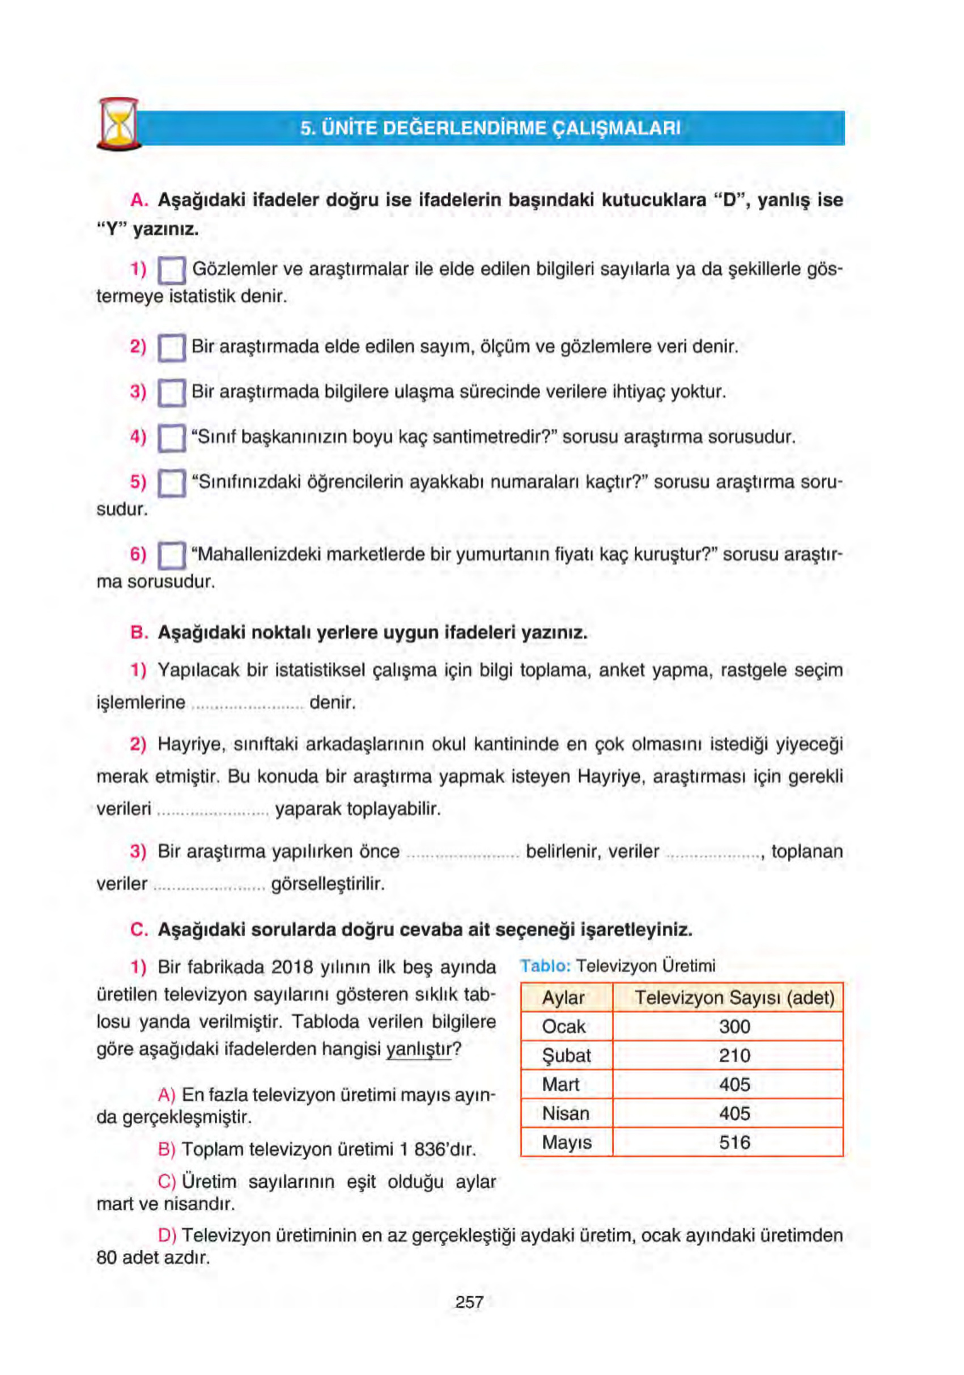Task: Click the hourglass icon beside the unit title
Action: pyautogui.click(x=118, y=125)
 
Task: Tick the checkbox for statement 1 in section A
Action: pyautogui.click(x=172, y=271)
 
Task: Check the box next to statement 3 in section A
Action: pyautogui.click(x=172, y=394)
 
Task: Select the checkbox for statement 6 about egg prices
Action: pyautogui.click(x=172, y=555)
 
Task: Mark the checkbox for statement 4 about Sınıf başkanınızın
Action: pyautogui.click(x=172, y=438)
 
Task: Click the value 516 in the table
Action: pyautogui.click(x=734, y=1142)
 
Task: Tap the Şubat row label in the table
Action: pyautogui.click(x=566, y=1056)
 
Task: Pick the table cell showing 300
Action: pyautogui.click(x=734, y=1027)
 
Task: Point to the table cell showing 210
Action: pyautogui.click(x=734, y=1056)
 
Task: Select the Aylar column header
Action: pyautogui.click(x=563, y=998)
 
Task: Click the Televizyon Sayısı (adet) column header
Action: pyautogui.click(x=734, y=998)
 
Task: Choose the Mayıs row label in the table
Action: pyautogui.click(x=566, y=1142)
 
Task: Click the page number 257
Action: pyautogui.click(x=469, y=1302)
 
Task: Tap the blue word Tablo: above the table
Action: pyautogui.click(x=545, y=966)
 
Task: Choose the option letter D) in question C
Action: pyautogui.click(x=167, y=1235)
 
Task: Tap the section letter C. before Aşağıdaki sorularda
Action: pyautogui.click(x=139, y=930)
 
